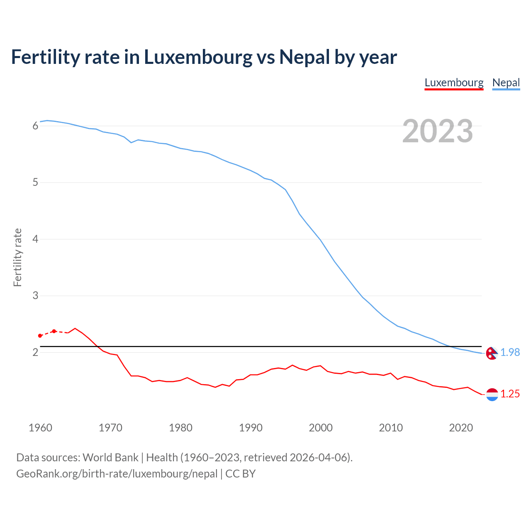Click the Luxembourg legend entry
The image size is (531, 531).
454,83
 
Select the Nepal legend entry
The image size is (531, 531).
506,83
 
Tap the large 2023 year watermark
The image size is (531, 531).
438,131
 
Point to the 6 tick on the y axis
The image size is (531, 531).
35,126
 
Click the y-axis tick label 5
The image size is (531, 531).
35,183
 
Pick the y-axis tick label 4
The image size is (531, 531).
35,239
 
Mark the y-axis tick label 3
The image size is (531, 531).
35,296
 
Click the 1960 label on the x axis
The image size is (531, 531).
40,428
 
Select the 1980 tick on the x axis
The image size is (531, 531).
180,428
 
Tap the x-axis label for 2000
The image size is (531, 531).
321,428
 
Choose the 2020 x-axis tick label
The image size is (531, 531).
461,428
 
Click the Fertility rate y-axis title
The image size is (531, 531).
17,257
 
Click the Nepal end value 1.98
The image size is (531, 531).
510,352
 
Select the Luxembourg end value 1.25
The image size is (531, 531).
510,394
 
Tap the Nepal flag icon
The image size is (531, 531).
492,353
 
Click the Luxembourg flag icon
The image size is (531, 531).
492,395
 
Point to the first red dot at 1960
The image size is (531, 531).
40,336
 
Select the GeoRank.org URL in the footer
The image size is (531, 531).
117,474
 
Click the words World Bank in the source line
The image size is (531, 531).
110,458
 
